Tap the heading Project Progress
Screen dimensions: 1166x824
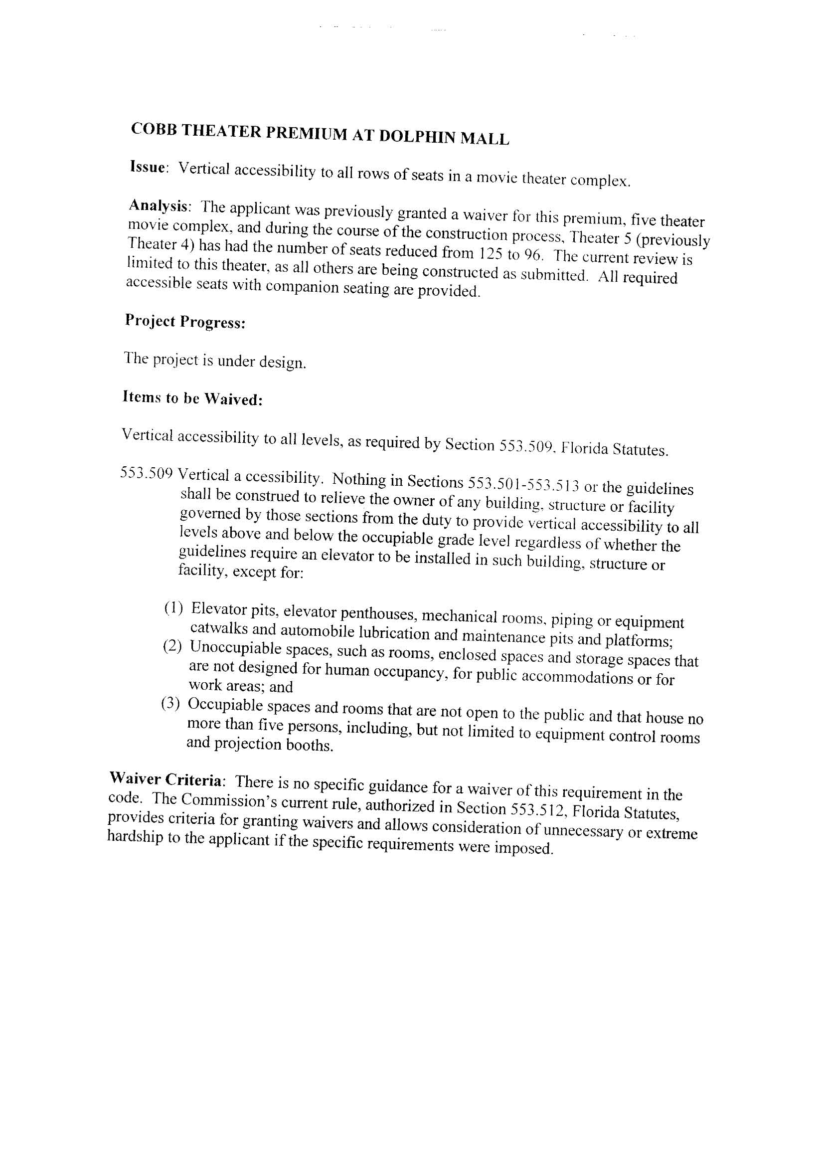185,322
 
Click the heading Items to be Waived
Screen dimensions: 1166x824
192,398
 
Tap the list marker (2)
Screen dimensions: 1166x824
172,646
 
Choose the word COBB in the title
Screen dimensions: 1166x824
154,129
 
